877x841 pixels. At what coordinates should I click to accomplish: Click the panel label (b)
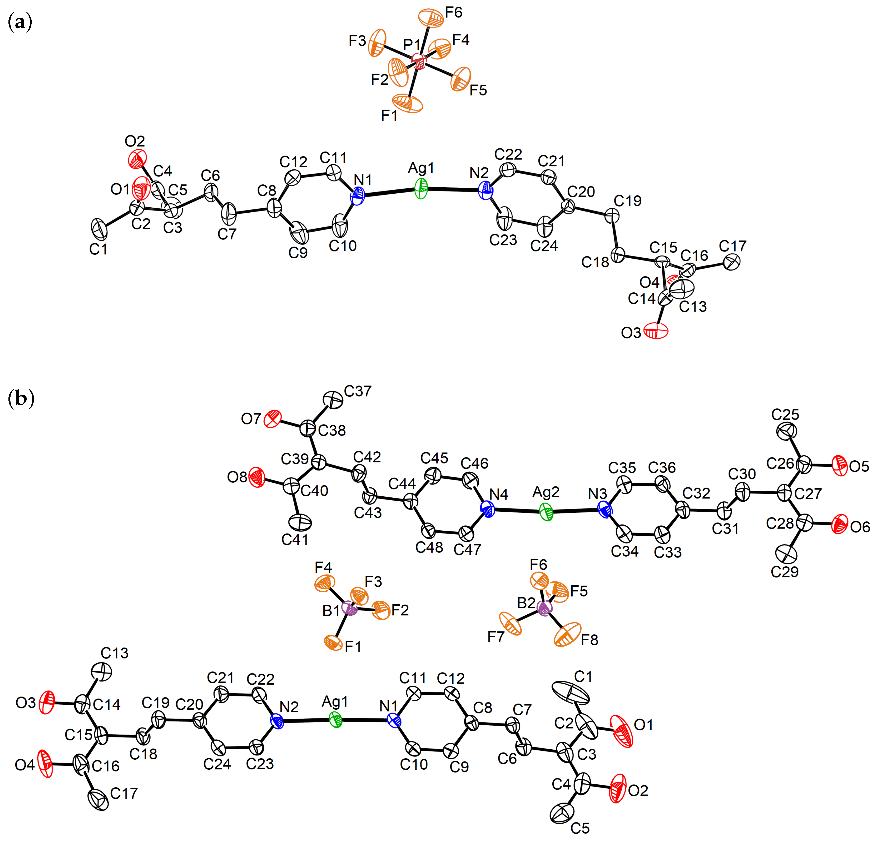21,398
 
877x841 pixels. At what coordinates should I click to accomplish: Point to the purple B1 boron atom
349,608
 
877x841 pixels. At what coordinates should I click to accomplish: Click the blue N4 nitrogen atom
487,509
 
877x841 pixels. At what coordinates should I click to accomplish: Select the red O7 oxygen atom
273,419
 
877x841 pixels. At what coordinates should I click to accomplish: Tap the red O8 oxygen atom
257,477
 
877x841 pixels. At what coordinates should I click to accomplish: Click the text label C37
357,391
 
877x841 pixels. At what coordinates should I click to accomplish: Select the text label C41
295,540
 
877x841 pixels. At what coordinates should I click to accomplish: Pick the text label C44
402,484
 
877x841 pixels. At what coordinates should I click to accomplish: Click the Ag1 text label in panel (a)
421,168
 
